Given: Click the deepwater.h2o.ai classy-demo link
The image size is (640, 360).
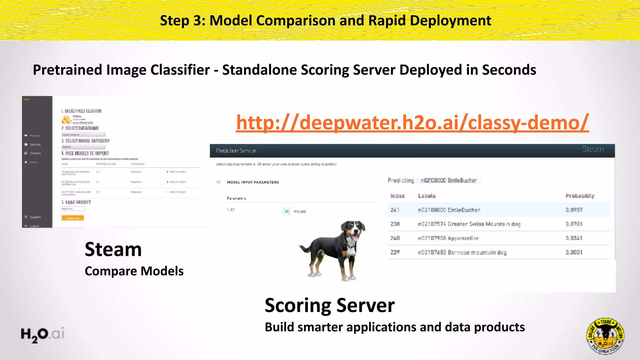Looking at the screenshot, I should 412,122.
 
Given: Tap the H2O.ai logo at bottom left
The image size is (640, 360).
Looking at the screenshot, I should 42,334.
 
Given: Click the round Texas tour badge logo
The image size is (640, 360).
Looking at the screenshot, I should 605,336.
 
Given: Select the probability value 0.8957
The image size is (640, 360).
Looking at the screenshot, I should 574,210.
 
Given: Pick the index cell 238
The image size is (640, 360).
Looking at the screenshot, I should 395,224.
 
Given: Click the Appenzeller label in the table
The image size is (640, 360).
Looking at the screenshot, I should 448,238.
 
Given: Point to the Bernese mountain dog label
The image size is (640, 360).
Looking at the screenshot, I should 462,252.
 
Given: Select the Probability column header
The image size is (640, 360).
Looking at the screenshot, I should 580,196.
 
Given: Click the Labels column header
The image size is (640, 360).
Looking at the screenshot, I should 427,196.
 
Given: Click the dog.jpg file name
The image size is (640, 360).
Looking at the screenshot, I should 300,212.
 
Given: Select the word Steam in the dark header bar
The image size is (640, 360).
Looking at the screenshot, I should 593,149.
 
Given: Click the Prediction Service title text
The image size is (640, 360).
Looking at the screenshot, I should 236,151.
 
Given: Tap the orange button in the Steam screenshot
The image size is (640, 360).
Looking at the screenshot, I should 72,218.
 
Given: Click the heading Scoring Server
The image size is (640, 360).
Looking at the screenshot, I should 329,305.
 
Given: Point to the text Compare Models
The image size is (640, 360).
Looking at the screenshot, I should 134,271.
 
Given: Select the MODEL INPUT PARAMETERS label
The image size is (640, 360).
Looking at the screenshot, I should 253,182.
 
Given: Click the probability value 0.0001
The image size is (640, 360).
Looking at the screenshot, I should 574,252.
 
